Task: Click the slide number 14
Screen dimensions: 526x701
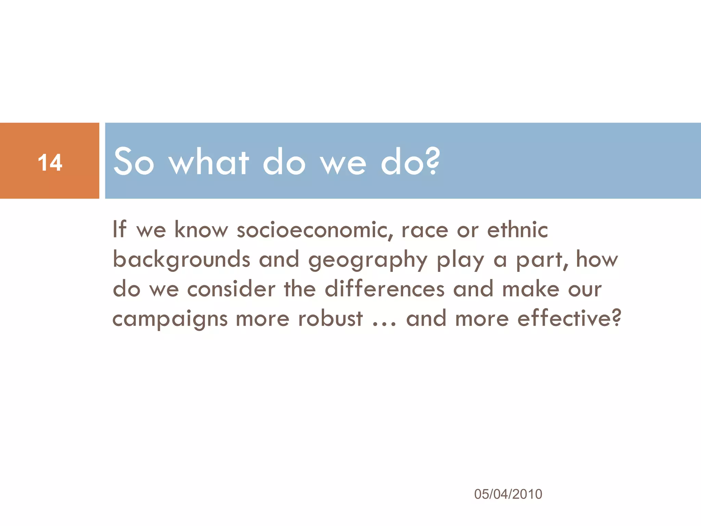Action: tap(50, 162)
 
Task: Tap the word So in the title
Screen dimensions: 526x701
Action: tap(134, 162)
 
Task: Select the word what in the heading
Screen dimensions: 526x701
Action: tap(209, 162)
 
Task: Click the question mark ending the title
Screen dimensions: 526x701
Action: tap(433, 161)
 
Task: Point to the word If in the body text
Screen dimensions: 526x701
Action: tap(119, 229)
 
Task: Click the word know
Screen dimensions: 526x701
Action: tap(201, 230)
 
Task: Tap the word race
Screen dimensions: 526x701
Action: tap(424, 230)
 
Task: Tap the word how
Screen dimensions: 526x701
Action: tap(597, 259)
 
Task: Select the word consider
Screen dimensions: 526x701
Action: tap(231, 289)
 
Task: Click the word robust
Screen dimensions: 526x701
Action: tap(330, 318)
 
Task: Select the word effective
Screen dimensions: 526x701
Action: tap(565, 318)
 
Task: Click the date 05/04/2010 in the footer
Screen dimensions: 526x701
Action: tap(508, 494)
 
